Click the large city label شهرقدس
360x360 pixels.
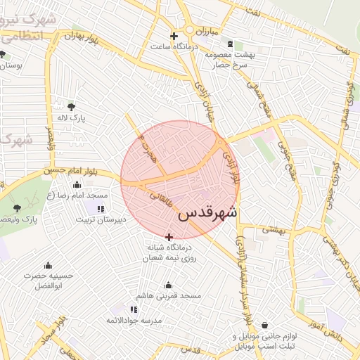coord(208,213)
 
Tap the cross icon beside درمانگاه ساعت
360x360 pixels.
coord(174,36)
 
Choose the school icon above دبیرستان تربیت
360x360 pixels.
coord(101,209)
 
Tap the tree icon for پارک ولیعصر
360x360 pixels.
coord(18,208)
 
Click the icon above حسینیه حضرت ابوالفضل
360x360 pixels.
coord(48,266)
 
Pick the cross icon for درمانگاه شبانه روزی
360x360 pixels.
coord(169,237)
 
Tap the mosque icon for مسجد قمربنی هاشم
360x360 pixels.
coord(168,285)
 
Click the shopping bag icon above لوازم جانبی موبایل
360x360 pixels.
coord(264,326)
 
